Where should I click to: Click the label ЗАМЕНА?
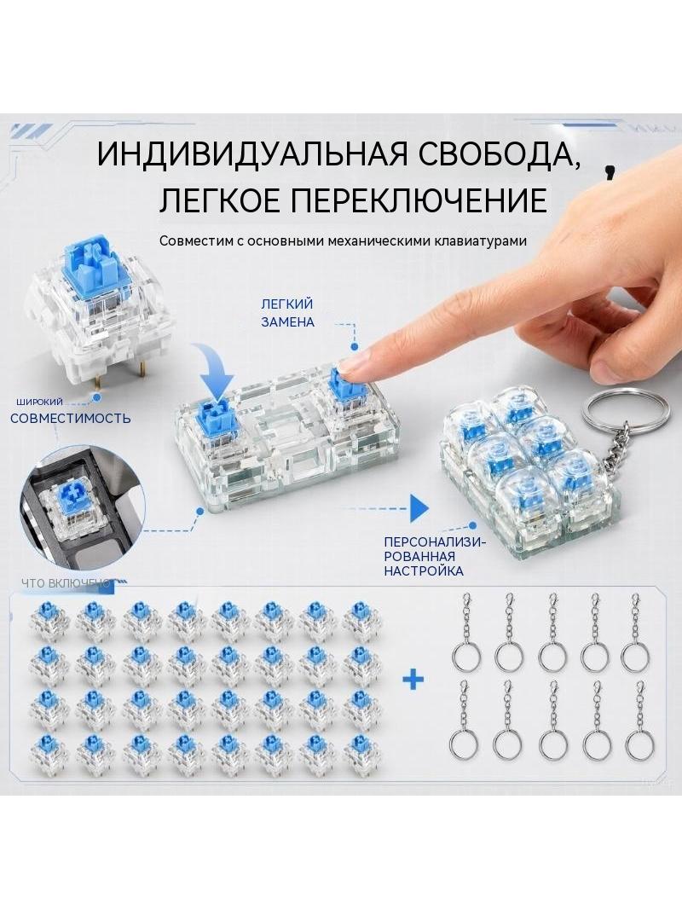288,321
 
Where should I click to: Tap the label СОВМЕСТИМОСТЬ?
71,418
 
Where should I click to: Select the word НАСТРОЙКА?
424,571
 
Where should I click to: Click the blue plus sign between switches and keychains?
413,680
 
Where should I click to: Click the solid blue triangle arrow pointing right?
419,508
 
